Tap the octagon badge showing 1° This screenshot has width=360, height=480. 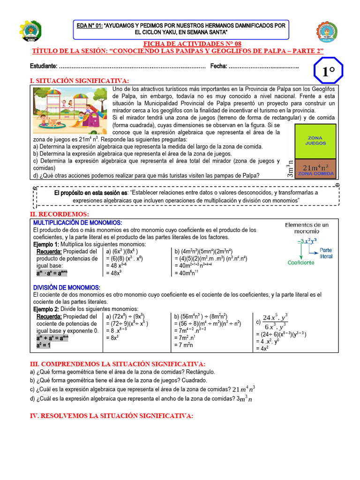[x=328, y=72]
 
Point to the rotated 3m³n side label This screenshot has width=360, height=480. [x=289, y=168]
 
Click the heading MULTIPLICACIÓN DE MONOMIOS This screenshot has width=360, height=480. [x=77, y=222]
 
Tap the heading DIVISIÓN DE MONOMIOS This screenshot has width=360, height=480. [x=66, y=287]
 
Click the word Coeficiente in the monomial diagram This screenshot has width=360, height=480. [x=301, y=262]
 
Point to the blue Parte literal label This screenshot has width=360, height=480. [x=326, y=253]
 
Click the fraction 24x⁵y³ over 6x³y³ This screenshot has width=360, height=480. [x=276, y=322]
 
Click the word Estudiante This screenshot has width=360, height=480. [x=44, y=66]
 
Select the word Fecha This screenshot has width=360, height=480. [x=218, y=66]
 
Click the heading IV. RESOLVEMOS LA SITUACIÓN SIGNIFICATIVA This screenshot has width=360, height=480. [x=111, y=416]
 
